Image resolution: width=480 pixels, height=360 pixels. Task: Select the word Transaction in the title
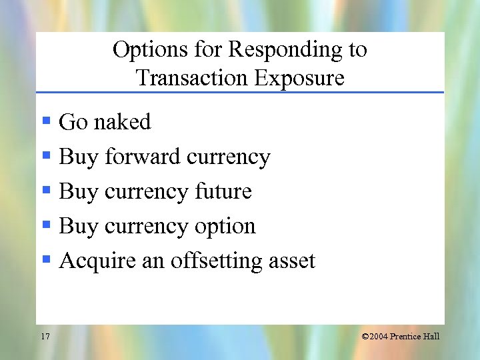pos(192,79)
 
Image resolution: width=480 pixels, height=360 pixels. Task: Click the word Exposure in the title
pos(299,79)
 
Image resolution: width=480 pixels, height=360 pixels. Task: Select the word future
pos(223,192)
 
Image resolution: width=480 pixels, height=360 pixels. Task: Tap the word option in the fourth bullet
pos(225,227)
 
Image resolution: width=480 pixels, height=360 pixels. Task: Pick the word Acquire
pos(97,261)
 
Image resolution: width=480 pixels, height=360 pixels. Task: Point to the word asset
pos(291,261)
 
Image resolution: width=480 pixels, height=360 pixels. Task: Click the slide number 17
pos(45,337)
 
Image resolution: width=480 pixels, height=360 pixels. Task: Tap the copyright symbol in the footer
pos(366,337)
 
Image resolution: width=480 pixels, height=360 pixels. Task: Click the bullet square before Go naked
pos(47,121)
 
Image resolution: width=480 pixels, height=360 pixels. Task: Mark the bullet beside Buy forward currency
pos(47,156)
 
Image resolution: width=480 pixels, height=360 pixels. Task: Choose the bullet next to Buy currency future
pos(47,191)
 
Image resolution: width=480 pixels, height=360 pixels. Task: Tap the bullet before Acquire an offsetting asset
pos(47,260)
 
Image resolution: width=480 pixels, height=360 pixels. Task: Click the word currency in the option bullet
pos(147,227)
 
